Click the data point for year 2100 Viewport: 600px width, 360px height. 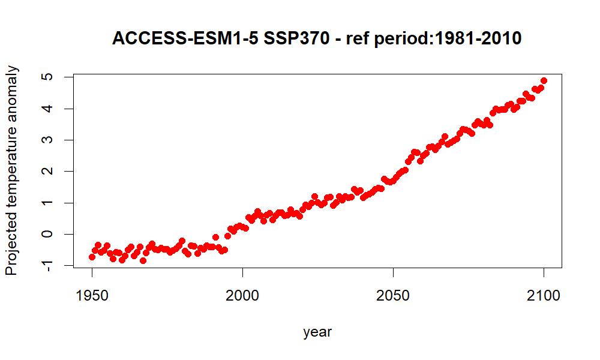[544, 80]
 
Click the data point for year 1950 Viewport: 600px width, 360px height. [92, 257]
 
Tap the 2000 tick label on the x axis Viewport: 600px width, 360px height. [242, 296]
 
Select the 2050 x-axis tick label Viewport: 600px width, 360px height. [393, 296]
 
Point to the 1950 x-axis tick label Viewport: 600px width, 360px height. [92, 296]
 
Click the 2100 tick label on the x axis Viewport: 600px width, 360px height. [544, 296]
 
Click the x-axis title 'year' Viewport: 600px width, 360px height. [317, 332]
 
